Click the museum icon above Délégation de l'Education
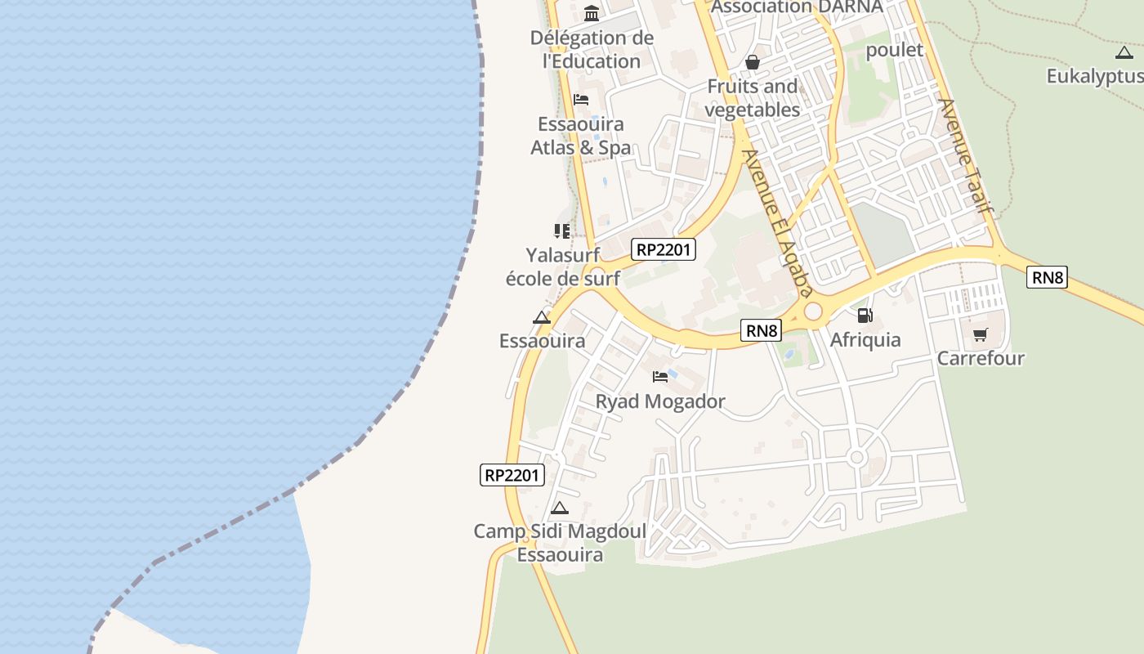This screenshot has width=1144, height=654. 592,13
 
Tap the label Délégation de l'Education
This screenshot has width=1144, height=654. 592,49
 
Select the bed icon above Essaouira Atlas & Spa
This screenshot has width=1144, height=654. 581,100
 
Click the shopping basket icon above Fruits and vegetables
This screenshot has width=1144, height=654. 753,62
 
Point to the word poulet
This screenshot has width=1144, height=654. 894,50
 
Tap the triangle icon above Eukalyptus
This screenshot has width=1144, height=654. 1124,53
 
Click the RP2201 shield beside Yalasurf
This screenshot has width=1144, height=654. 664,249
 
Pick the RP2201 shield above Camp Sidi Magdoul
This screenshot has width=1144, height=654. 512,474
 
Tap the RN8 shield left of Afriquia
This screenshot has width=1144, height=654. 762,330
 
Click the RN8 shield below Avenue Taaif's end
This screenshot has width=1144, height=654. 1047,277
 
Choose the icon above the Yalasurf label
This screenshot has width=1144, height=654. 561,231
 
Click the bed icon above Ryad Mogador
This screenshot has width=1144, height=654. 660,377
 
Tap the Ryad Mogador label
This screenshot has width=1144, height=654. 660,401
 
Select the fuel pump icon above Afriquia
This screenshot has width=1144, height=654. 865,315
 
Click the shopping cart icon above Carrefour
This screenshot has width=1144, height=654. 980,334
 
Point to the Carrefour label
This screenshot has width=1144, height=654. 980,358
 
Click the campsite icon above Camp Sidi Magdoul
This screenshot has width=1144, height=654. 560,508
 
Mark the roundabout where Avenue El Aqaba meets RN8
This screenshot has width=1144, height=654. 812,311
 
